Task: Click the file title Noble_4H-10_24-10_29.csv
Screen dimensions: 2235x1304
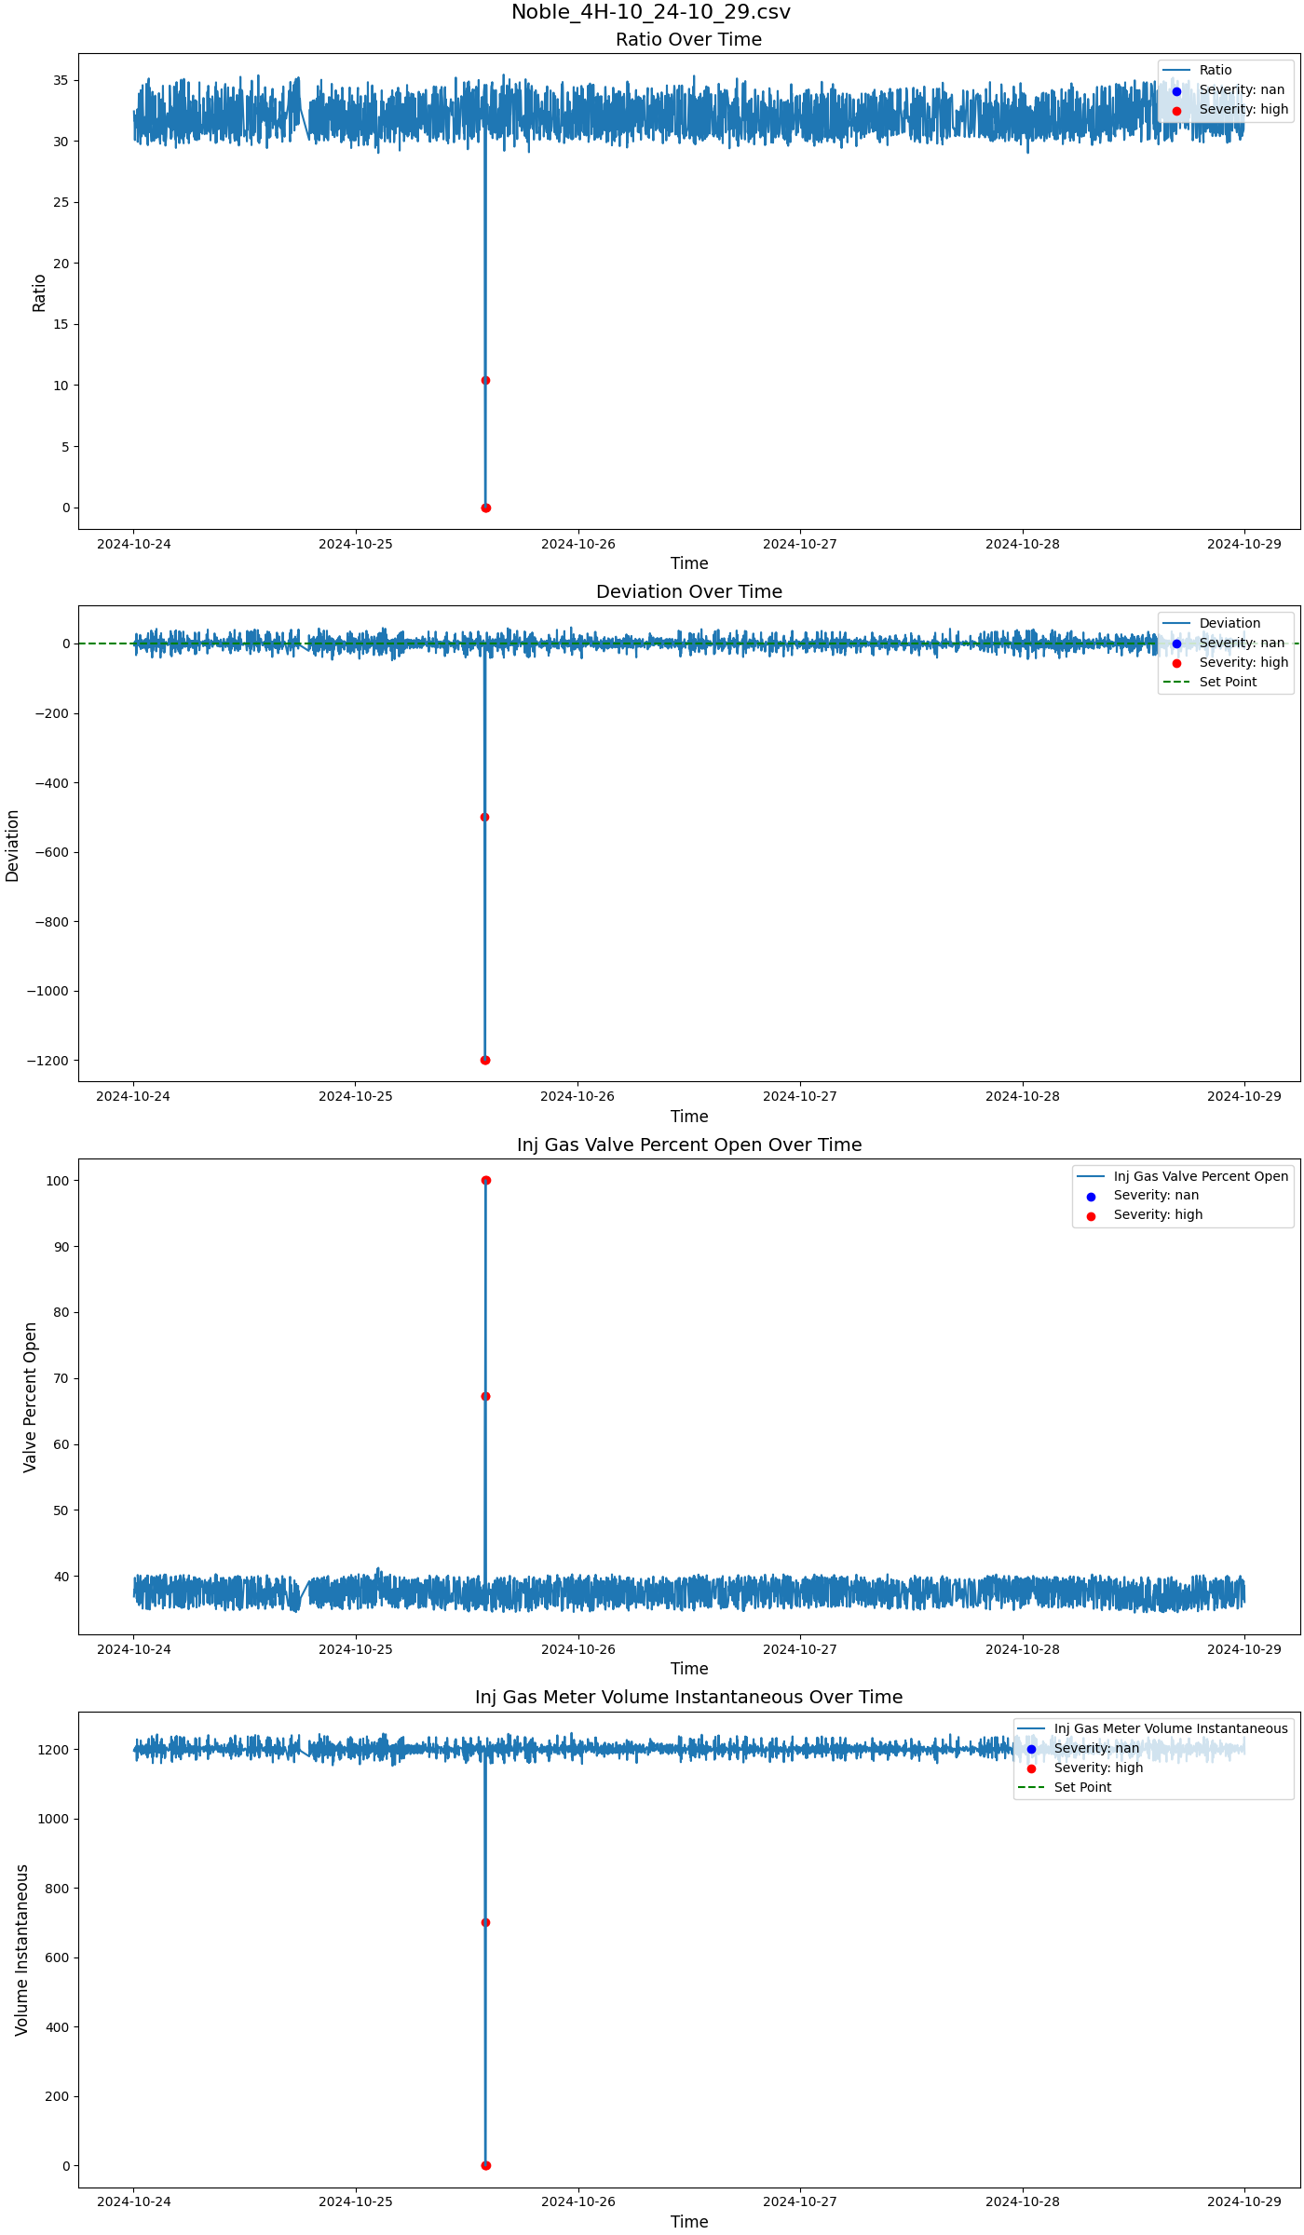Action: tap(651, 12)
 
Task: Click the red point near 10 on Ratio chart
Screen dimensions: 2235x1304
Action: tap(485, 380)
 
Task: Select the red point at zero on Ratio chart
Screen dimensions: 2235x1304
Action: tap(485, 508)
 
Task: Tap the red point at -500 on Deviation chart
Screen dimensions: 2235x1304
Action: tap(484, 817)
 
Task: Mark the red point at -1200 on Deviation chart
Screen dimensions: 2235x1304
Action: tap(485, 1060)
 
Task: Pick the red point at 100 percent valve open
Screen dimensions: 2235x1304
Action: tap(485, 1180)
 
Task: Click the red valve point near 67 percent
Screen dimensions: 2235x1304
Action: tap(485, 1396)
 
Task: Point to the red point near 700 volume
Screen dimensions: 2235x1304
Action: tap(485, 1922)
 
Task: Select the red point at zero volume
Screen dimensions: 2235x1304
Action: tap(485, 2165)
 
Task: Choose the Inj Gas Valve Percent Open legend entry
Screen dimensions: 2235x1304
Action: tap(1201, 1176)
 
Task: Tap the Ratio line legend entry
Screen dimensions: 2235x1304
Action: tap(1215, 70)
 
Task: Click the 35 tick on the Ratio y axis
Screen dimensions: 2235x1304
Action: tap(61, 80)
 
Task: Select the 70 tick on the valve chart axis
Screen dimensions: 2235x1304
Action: tap(61, 1378)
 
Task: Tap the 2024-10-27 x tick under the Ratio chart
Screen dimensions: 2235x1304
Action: tap(799, 544)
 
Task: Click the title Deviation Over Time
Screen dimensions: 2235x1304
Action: tap(688, 591)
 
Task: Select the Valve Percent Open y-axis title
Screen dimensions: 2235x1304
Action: tap(30, 1397)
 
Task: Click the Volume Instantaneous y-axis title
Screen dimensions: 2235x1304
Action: tap(22, 1950)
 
